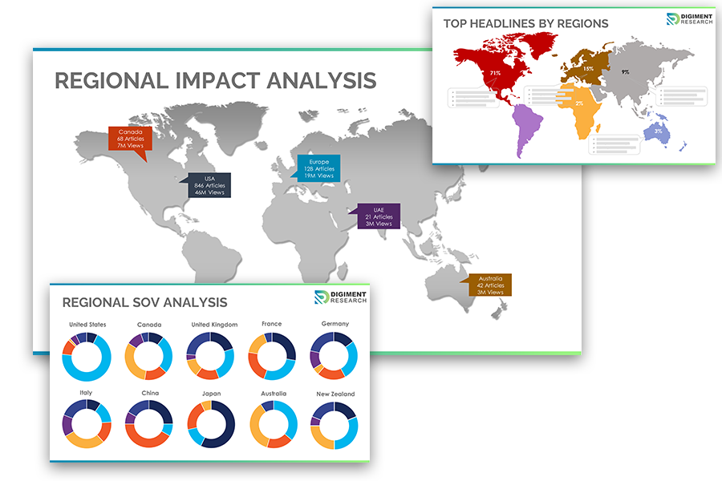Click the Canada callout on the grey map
click(x=129, y=138)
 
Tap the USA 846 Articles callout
click(x=209, y=185)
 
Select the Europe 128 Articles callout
click(x=319, y=168)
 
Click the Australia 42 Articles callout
click(x=490, y=285)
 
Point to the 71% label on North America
click(x=495, y=73)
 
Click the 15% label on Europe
click(x=588, y=69)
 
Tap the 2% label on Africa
click(x=579, y=103)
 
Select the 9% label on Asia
click(x=625, y=72)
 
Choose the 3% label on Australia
click(x=658, y=131)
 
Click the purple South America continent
click(x=526, y=128)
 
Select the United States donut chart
click(x=87, y=356)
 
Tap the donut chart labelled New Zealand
click(x=334, y=425)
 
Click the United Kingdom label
click(x=211, y=325)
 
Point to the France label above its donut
click(x=271, y=324)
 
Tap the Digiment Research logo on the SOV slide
click(x=340, y=297)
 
